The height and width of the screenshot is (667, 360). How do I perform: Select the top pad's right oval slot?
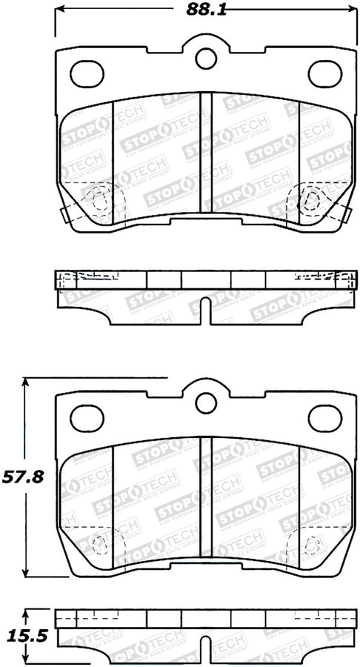click(323, 73)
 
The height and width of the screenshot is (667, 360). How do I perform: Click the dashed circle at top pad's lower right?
click(309, 199)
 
